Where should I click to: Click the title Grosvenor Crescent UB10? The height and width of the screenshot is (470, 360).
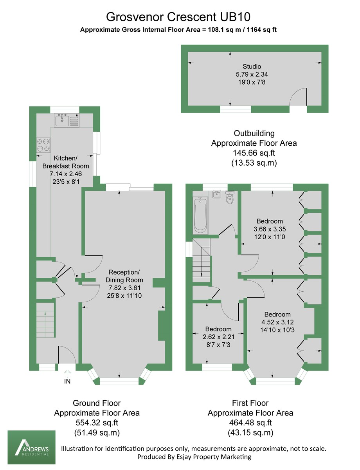[178, 17]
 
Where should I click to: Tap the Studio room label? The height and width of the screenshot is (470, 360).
[252, 67]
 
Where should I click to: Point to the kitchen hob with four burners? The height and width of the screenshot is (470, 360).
[43, 145]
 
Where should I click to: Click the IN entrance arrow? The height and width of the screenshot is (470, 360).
[67, 375]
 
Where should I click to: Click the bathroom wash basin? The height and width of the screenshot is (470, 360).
[217, 195]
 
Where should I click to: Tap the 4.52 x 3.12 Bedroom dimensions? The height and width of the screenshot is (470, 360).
[277, 322]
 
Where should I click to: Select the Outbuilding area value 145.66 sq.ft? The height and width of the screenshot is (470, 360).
[254, 153]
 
